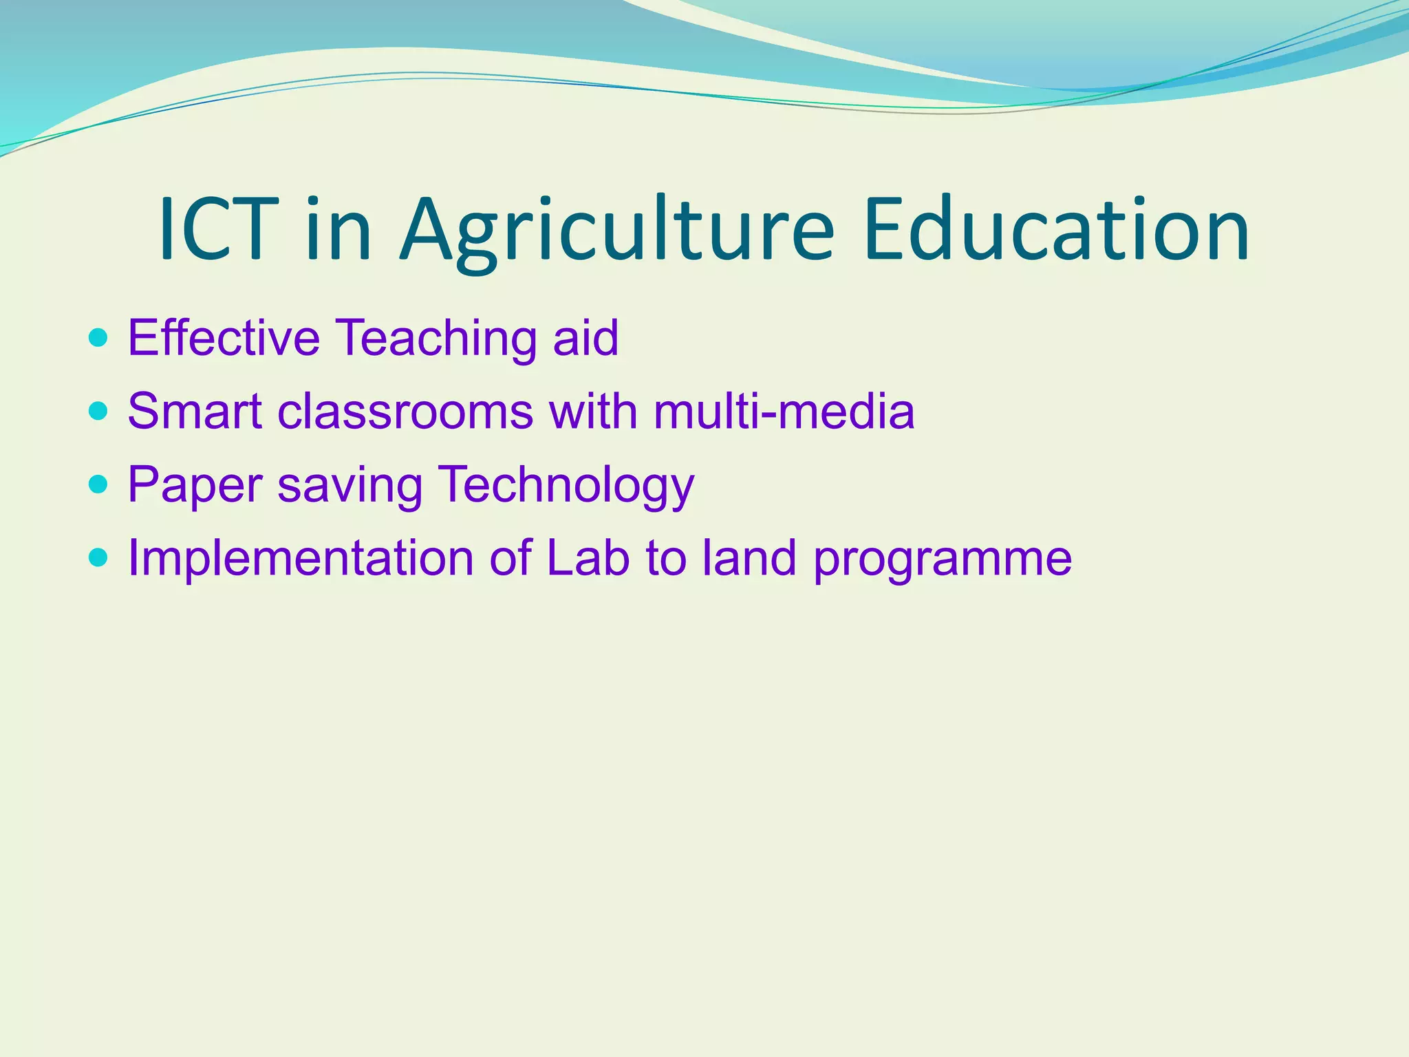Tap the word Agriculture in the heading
click(616, 231)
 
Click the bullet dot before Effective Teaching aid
click(98, 338)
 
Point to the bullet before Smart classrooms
click(98, 412)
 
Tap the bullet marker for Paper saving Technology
click(98, 484)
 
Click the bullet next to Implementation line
click(98, 557)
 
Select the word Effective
click(224, 338)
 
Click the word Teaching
click(437, 338)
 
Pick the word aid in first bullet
click(585, 338)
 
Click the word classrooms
click(405, 412)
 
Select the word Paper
click(195, 484)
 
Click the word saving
click(350, 486)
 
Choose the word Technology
click(566, 486)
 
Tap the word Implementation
click(301, 558)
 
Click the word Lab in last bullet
click(588, 557)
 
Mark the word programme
click(943, 559)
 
